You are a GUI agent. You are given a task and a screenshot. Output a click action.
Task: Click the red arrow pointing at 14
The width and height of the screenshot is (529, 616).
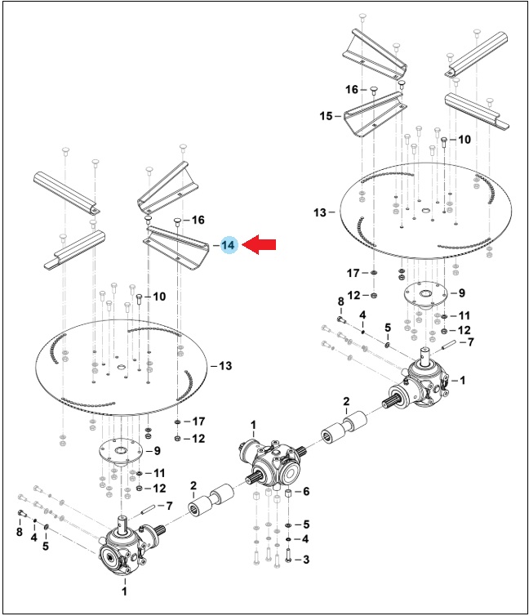[259, 245]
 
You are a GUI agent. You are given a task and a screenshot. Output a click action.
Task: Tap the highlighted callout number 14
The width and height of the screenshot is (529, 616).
[228, 246]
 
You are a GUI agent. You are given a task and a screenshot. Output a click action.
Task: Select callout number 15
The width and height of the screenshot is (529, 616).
[326, 116]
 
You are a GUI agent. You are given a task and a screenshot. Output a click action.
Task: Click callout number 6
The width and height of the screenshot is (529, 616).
[305, 491]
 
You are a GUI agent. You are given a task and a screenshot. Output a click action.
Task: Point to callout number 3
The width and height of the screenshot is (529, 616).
[305, 559]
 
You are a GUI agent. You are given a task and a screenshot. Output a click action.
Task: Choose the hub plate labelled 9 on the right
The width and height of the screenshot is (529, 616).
[426, 295]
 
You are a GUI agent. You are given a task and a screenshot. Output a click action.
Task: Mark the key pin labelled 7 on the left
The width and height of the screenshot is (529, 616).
[149, 510]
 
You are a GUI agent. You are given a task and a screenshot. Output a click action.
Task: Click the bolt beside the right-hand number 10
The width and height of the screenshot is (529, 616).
[444, 142]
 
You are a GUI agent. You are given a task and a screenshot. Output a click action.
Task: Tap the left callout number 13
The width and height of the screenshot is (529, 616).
[225, 366]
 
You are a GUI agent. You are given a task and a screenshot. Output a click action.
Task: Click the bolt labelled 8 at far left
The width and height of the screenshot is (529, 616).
[21, 513]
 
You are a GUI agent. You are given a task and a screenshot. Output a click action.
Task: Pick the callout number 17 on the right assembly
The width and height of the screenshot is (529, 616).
[353, 273]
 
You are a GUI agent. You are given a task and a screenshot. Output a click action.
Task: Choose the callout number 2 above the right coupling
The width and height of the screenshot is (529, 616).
[346, 401]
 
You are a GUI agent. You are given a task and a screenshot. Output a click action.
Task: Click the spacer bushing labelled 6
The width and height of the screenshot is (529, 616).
[288, 493]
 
